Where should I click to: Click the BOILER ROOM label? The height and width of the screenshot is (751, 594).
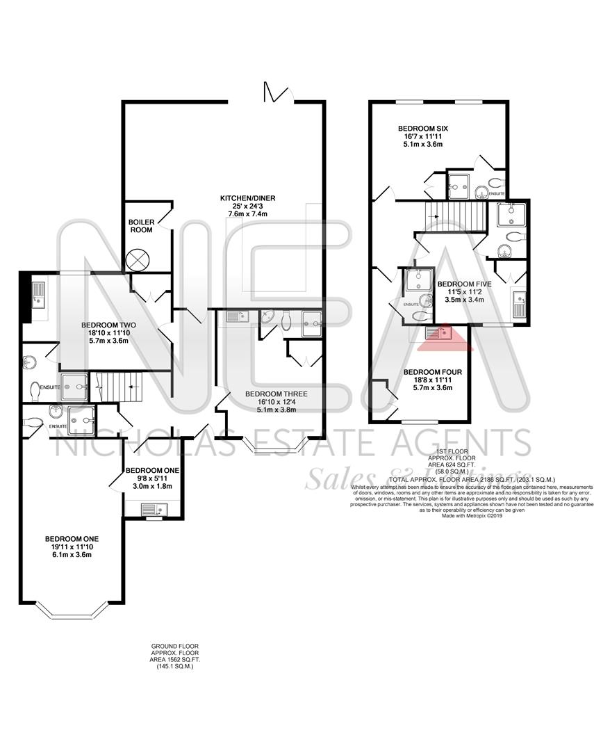tap(140, 225)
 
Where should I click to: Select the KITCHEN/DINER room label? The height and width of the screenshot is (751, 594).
tap(248, 198)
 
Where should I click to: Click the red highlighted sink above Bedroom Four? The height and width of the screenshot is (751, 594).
tap(439, 334)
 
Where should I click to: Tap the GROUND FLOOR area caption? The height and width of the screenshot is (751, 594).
tap(175, 656)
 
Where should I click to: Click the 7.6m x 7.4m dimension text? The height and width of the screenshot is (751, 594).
tap(248, 213)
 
